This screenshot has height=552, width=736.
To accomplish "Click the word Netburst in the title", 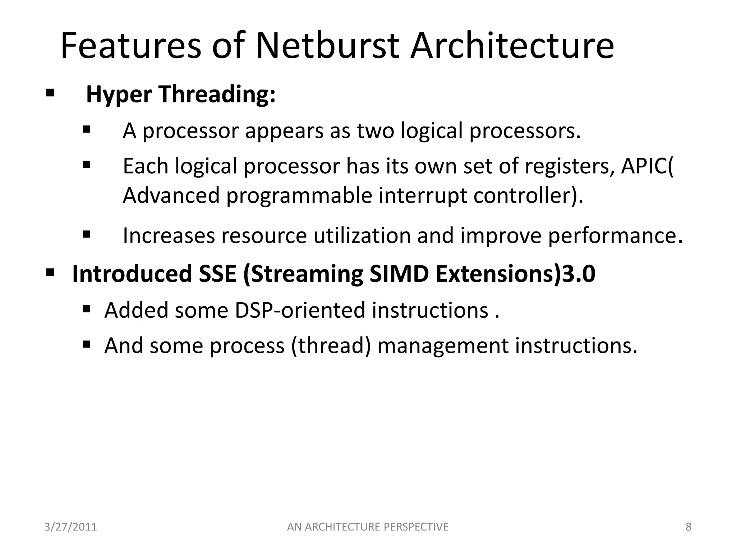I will pos(327,46).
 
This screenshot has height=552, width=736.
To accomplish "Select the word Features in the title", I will pos(131,46).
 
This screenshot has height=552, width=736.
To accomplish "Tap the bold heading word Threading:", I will pos(217,94).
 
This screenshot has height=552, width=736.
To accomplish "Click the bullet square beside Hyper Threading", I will pos(50,93).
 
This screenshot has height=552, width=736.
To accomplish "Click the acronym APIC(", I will pos(647,166).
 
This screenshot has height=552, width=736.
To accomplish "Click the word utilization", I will pos(362,236).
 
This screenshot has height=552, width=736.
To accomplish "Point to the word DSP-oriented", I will pos(300,310).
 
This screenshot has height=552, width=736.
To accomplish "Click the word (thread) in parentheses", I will pos(331,346).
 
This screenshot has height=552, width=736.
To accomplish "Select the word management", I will pos(443,346).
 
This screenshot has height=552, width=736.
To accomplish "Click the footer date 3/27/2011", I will pos(71,527).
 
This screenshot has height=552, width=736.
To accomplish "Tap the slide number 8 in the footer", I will pos(688,527).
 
